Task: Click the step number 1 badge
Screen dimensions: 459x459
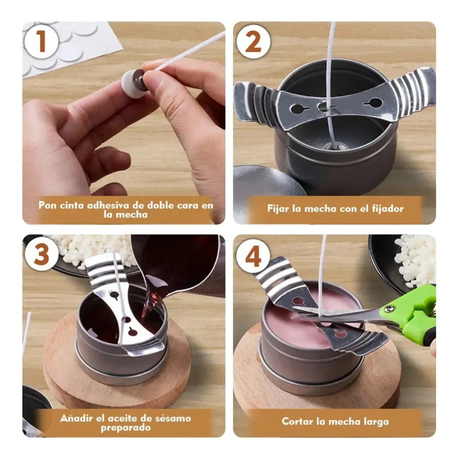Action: (41, 42)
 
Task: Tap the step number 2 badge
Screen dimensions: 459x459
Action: (253, 42)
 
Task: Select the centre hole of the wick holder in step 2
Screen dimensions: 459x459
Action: (324, 107)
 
